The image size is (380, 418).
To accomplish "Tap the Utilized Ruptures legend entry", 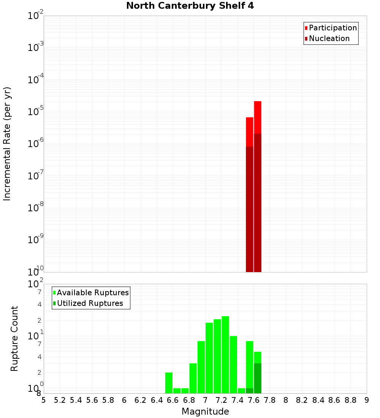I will [x=90, y=303].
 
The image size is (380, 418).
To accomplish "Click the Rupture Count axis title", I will [x=14, y=338].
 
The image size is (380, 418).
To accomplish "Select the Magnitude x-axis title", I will [x=205, y=412].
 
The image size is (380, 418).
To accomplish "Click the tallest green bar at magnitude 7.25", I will [x=225, y=355].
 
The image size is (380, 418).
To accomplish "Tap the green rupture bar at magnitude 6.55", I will [x=169, y=383].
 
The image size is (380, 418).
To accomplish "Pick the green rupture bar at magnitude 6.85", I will [x=193, y=378].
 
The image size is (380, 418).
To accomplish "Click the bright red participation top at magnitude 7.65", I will [x=258, y=117].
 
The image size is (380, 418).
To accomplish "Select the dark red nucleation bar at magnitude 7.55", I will [x=250, y=209].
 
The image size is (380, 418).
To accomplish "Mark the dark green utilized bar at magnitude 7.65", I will [x=258, y=378].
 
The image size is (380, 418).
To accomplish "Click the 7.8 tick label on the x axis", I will [x=270, y=400].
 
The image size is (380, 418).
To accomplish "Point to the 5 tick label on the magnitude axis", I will [x=44, y=400].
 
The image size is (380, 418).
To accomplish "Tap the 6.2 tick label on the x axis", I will [x=141, y=400].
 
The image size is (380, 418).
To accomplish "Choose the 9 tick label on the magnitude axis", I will [x=367, y=400].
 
